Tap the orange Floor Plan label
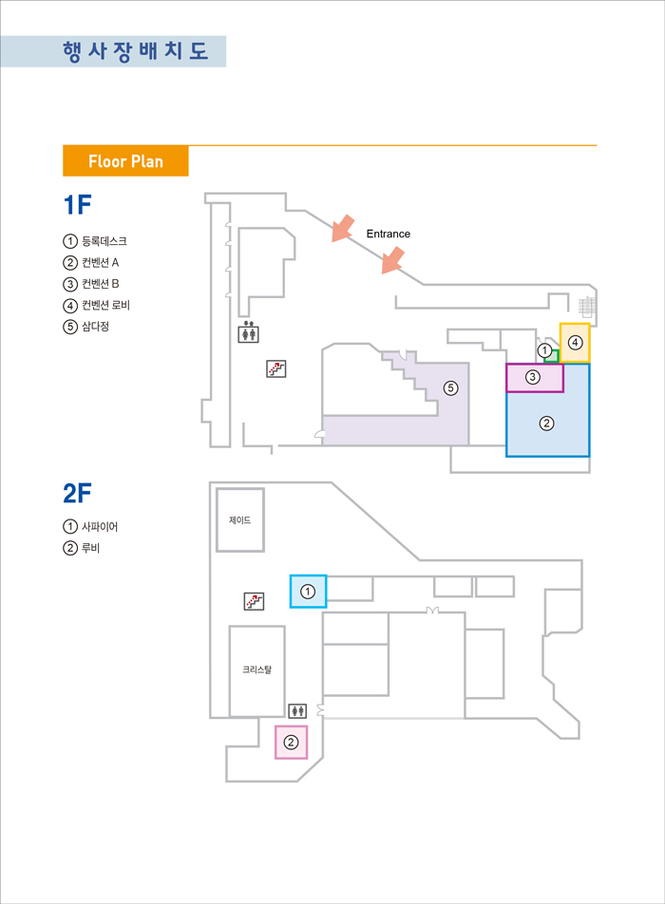point(125,161)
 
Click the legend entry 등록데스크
point(104,241)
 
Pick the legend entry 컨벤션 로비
point(105,305)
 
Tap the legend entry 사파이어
point(99,526)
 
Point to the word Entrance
point(388,234)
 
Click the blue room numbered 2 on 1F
point(547,424)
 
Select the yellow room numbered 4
point(575,343)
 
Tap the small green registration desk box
point(551,355)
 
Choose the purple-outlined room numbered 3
point(534,378)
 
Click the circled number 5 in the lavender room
point(450,387)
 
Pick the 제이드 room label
point(240,520)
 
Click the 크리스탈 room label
point(256,669)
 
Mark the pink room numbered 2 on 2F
point(292,742)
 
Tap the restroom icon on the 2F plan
point(297,709)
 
